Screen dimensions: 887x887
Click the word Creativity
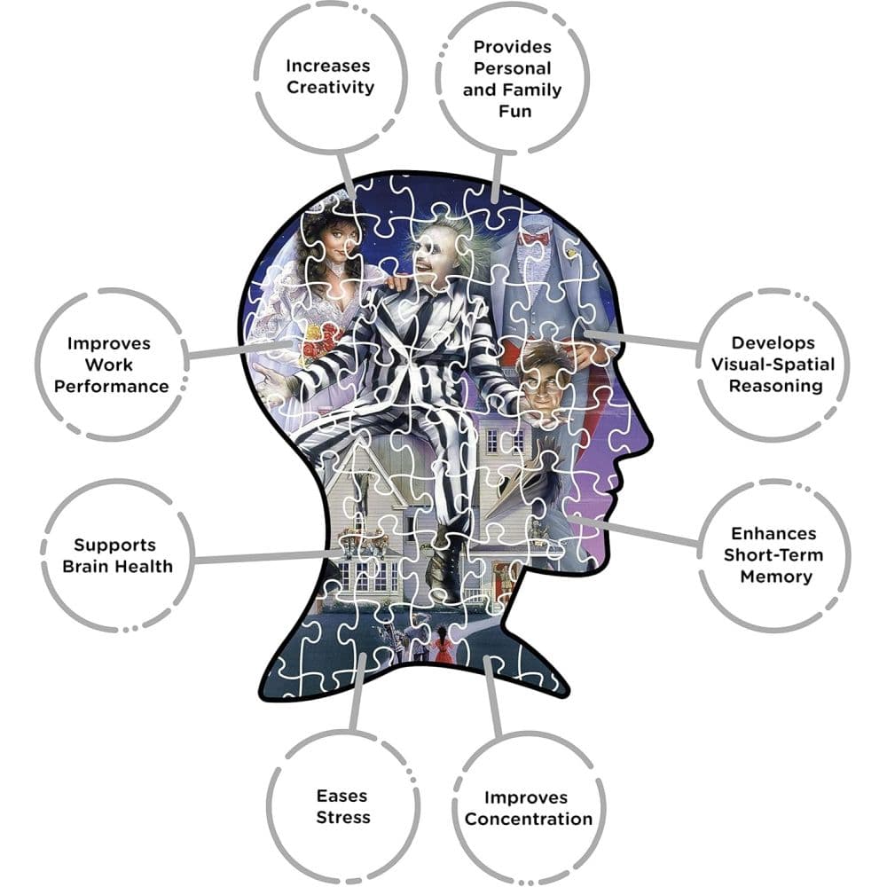pyautogui.click(x=330, y=88)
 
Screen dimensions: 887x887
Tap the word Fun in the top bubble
pyautogui.click(x=514, y=111)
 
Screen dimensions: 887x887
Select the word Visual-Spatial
pyautogui.click(x=773, y=365)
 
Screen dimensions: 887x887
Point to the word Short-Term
pyautogui.click(x=773, y=555)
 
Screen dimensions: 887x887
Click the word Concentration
pyautogui.click(x=529, y=819)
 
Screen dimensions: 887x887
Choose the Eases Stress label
pyautogui.click(x=342, y=806)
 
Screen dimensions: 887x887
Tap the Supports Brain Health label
pyautogui.click(x=118, y=555)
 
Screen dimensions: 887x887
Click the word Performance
pyautogui.click(x=112, y=387)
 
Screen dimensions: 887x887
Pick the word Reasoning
pyautogui.click(x=775, y=387)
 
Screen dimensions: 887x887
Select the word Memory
pyautogui.click(x=776, y=577)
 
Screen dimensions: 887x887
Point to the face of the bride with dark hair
pyautogui.click(x=338, y=245)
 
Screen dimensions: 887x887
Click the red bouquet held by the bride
pyautogui.click(x=318, y=346)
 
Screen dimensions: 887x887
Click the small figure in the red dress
pyautogui.click(x=442, y=645)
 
